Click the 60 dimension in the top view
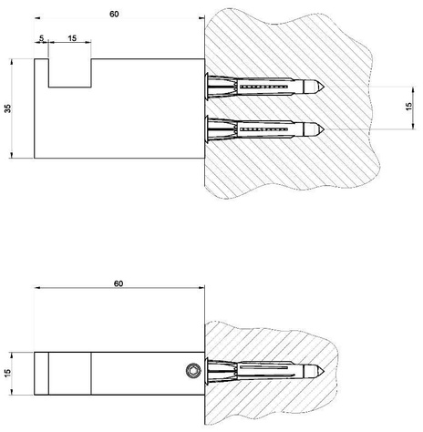pyautogui.click(x=114, y=14)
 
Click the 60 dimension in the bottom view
pyautogui.click(x=119, y=283)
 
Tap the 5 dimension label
pyautogui.click(x=42, y=38)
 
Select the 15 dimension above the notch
pyautogui.click(x=72, y=38)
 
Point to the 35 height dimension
pyautogui.click(x=7, y=108)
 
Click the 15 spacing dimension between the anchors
pyautogui.click(x=409, y=106)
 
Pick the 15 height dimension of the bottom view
pyautogui.click(x=7, y=373)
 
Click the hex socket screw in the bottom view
pyautogui.click(x=193, y=371)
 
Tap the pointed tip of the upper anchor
pyautogui.click(x=324, y=87)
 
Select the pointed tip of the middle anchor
pyautogui.click(x=324, y=129)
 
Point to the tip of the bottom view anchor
pyautogui.click(x=324, y=370)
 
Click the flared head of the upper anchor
pyautogui.click(x=207, y=87)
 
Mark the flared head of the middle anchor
pyautogui.click(x=207, y=129)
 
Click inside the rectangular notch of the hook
pyautogui.click(x=70, y=73)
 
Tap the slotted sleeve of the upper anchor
pyautogui.click(x=264, y=87)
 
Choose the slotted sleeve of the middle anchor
pyautogui.click(x=264, y=129)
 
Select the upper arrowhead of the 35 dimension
pyautogui.click(x=12, y=62)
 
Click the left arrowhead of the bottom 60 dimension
pyautogui.click(x=37, y=287)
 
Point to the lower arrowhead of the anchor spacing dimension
pyautogui.click(x=413, y=126)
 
